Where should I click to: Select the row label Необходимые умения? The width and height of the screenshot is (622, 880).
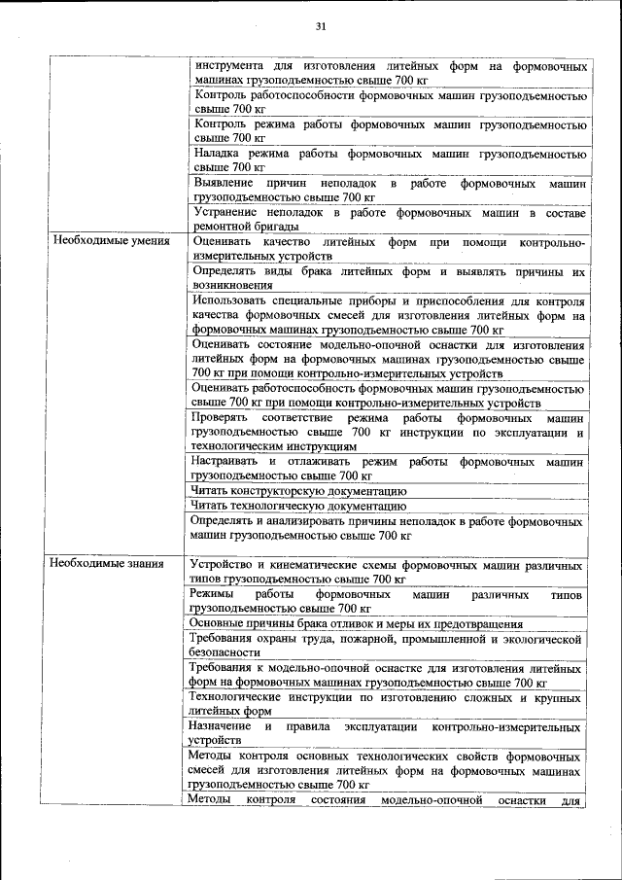pyautogui.click(x=111, y=240)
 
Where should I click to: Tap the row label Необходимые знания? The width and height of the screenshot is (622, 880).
pyautogui.click(x=108, y=563)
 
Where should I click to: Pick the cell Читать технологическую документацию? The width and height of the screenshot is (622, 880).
pyautogui.click(x=298, y=506)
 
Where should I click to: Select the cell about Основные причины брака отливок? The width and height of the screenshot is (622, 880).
pyautogui.click(x=357, y=623)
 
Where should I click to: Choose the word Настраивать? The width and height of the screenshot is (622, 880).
pyautogui.click(x=227, y=461)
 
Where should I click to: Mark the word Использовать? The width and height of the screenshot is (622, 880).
pyautogui.click(x=233, y=300)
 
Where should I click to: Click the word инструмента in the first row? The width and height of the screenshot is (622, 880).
pyautogui.click(x=229, y=66)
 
